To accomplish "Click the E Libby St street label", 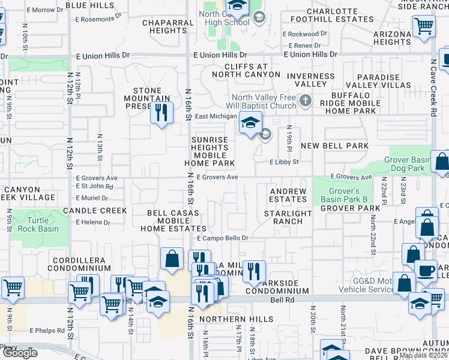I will point(283,162).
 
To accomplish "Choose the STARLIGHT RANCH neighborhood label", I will point(288,217).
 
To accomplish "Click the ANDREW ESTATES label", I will point(288,195).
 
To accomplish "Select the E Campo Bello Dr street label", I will point(223,238).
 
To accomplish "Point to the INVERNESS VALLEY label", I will point(310,80).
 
